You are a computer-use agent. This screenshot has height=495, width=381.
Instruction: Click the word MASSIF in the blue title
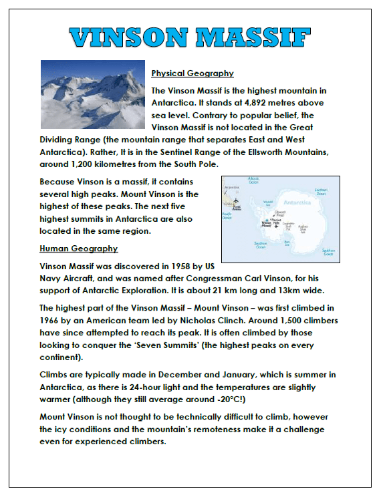tap(257, 38)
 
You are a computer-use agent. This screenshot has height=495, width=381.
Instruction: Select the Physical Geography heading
tap(193, 73)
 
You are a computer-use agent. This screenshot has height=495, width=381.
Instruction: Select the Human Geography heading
tap(79, 249)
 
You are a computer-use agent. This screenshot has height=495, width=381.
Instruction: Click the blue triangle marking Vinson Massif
tap(265, 219)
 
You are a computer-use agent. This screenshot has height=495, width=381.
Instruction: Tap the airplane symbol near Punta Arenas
tap(236, 200)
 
